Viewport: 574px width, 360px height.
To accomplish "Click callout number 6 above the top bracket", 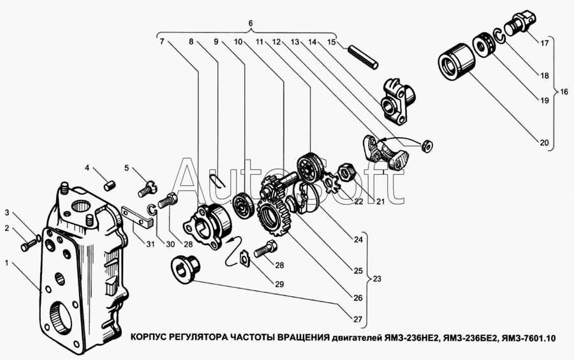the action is [251, 23].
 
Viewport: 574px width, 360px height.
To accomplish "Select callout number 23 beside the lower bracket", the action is [376, 279].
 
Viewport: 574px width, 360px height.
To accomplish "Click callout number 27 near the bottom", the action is [357, 319].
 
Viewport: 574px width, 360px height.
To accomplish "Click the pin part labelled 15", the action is [362, 57].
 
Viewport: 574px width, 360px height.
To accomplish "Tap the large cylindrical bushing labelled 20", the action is [457, 61].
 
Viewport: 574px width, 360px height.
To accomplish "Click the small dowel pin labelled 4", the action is [110, 185].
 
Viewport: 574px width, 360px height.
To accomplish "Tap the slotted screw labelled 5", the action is [147, 189].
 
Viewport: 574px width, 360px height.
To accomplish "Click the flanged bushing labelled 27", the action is [186, 269].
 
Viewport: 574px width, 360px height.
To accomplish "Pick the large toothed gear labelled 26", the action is [273, 217].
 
